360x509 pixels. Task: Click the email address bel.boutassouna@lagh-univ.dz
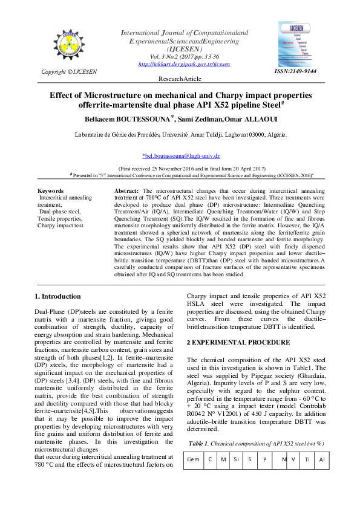click(180, 156)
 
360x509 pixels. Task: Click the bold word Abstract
click(126, 190)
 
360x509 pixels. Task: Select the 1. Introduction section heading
click(57, 296)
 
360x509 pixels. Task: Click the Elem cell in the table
click(194, 459)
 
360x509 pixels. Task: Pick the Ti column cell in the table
click(307, 459)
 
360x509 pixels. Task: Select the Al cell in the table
click(322, 459)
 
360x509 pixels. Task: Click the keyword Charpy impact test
click(60, 225)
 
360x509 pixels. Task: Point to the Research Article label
click(180, 79)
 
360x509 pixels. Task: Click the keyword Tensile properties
click(62, 218)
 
